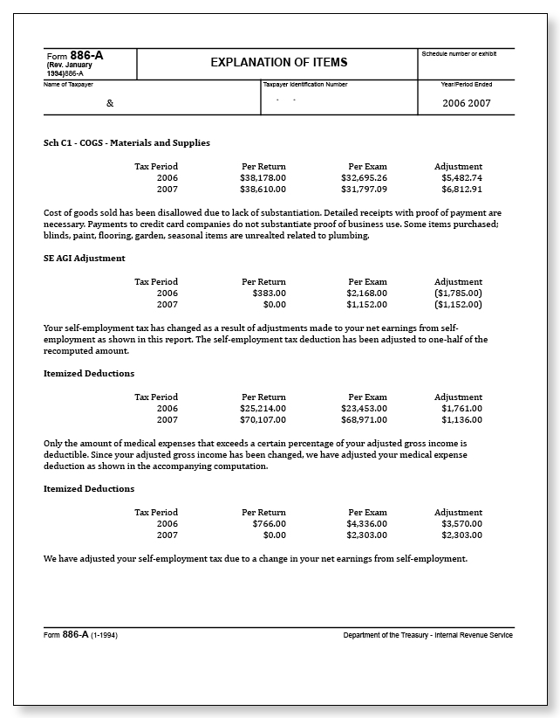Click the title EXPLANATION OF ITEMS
(x=278, y=62)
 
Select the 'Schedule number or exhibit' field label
(x=459, y=54)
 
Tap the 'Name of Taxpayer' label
(x=68, y=84)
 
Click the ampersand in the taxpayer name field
(x=110, y=103)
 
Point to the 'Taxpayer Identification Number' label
(x=305, y=84)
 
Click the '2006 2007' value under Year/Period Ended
(x=467, y=103)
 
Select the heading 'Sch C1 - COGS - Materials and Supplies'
(x=126, y=142)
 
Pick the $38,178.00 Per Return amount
(x=263, y=177)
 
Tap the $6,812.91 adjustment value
(x=461, y=189)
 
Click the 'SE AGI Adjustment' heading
(x=84, y=258)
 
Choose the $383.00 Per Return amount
(x=269, y=293)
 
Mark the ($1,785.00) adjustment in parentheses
(x=459, y=293)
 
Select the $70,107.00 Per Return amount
(x=263, y=419)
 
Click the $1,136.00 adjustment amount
(x=461, y=419)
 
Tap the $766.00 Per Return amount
(x=269, y=523)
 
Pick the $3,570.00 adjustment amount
(x=461, y=523)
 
